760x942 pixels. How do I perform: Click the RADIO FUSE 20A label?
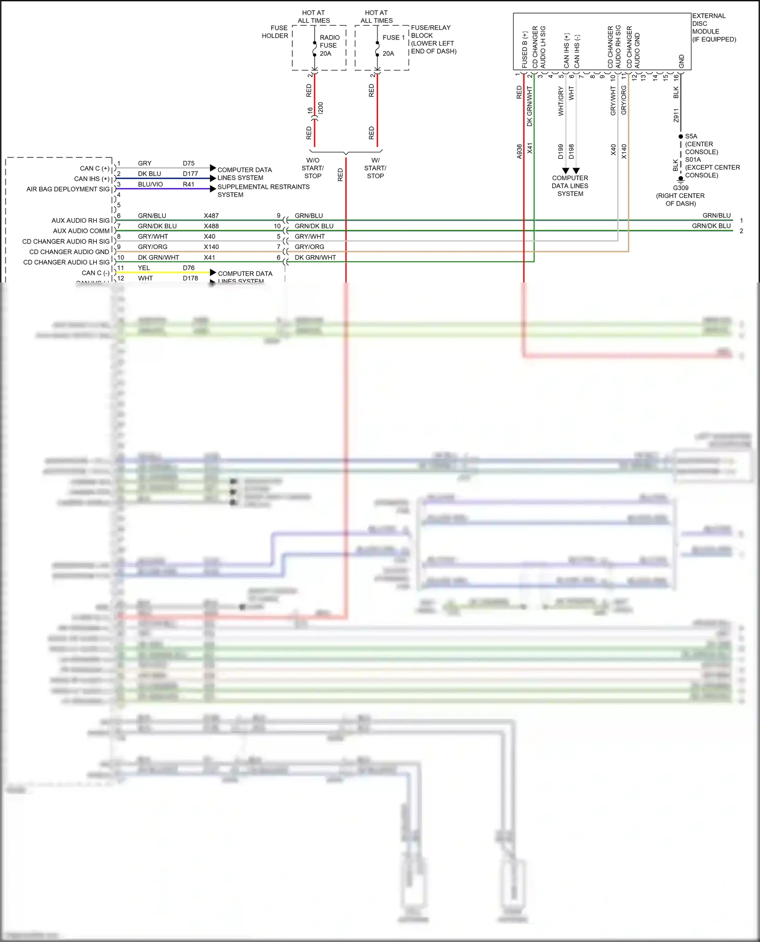[329, 46]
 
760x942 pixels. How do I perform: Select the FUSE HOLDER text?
[275, 32]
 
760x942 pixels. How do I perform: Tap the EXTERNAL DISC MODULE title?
[713, 27]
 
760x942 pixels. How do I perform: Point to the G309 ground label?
[680, 188]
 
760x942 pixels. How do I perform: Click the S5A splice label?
[691, 136]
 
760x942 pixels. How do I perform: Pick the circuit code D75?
[188, 163]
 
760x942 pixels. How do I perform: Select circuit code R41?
[188, 184]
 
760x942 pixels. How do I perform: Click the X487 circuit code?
[211, 216]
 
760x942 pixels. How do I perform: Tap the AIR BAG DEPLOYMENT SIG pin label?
[68, 189]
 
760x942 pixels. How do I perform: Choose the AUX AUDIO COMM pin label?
[81, 231]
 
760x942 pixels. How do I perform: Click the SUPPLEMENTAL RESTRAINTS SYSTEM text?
[263, 191]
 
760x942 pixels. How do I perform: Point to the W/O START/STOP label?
[313, 168]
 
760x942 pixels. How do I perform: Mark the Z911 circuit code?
[676, 115]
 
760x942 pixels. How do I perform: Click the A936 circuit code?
[519, 151]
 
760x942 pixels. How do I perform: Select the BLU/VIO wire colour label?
[150, 184]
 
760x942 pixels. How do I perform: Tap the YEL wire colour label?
[144, 268]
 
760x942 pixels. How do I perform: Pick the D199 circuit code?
[561, 151]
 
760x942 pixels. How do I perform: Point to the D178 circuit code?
[191, 278]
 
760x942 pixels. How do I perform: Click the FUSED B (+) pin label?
[524, 50]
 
